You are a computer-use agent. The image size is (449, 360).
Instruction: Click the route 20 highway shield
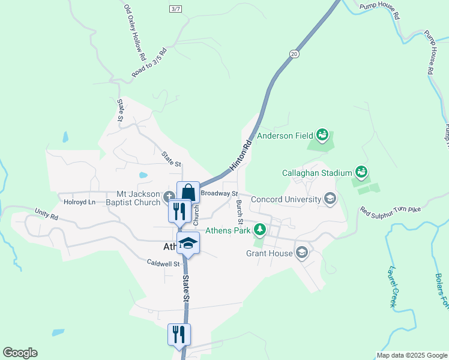pos(293,54)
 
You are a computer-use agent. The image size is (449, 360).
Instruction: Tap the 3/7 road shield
pos(175,8)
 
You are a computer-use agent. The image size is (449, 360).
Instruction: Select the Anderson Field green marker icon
pos(322,135)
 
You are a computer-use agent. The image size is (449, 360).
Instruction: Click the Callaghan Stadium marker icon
pos(361,173)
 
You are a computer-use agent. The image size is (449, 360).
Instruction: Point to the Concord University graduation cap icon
pos(330,199)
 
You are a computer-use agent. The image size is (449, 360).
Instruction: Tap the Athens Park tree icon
pos(259,229)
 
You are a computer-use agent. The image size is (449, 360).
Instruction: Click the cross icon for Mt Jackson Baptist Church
pos(169,194)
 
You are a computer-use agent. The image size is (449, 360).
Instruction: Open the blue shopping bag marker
pos(188,193)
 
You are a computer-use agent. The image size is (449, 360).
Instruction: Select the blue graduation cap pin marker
pos(188,243)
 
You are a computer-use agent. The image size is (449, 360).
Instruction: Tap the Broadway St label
pos(219,194)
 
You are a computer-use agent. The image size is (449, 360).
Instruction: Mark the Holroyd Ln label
pos(80,202)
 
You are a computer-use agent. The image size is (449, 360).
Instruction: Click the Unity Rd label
pos(46,212)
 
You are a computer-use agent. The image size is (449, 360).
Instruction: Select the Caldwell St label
pos(164,263)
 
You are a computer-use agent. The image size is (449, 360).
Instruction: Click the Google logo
pos(20,353)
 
